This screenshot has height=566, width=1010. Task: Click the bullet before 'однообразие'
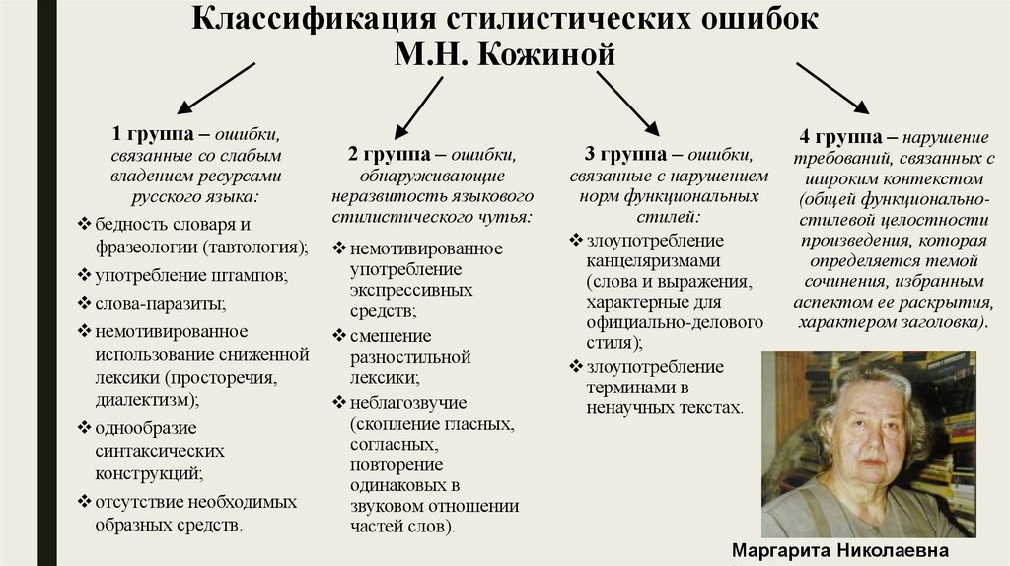[85, 427]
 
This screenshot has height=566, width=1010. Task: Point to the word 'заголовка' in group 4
[936, 322]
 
